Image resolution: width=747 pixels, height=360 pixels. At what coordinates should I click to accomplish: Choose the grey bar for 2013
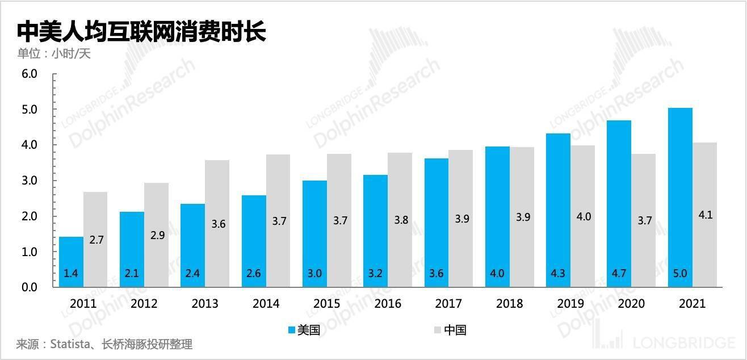point(217,224)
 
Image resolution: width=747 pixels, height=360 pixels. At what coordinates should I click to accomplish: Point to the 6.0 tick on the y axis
point(29,74)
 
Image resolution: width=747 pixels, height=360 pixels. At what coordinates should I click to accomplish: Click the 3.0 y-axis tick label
point(29,181)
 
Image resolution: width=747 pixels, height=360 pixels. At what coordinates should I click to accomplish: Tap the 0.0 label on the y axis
point(29,287)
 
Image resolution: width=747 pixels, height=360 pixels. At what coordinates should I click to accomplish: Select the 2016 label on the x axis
point(388,304)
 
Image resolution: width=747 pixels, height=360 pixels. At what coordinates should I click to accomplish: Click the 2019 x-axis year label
point(570,304)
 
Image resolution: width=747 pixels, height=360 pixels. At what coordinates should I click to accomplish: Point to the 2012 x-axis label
point(144,304)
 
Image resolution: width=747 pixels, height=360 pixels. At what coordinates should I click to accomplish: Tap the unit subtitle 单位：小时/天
point(54,54)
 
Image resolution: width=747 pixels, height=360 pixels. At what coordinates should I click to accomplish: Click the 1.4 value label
point(71,274)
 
